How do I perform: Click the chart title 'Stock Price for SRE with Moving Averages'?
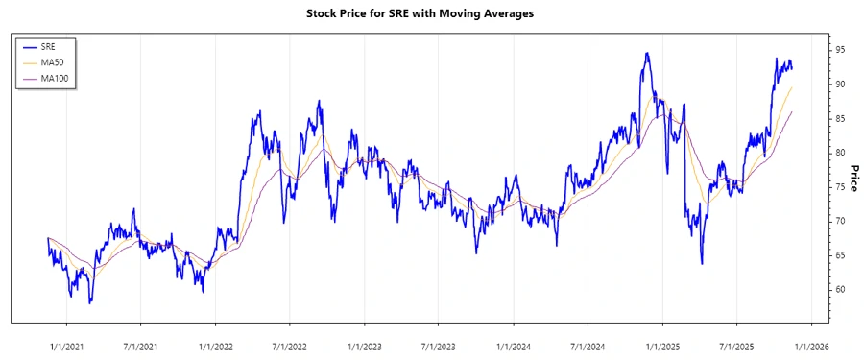432,13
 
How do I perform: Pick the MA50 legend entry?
56,61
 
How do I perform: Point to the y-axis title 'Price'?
853,180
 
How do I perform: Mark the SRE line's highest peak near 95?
647,53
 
